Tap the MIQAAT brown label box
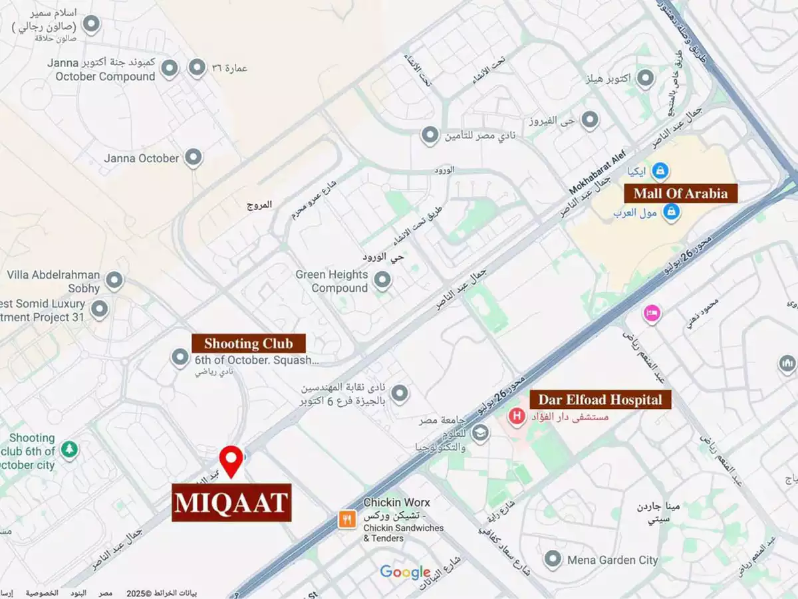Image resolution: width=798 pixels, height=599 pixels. pos(231,503)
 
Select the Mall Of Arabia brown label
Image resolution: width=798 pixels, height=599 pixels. pos(680,193)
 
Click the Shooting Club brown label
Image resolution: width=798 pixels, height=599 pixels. pos(249,344)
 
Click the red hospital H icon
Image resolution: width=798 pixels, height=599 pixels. pos(515,417)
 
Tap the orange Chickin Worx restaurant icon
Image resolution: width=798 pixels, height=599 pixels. pos(346,519)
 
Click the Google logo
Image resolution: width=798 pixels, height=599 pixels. pos(405,572)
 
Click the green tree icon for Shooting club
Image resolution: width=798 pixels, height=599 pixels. pos(68,451)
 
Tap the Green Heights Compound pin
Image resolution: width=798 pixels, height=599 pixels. pos(382,281)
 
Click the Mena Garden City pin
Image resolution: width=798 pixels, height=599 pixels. pos(553,559)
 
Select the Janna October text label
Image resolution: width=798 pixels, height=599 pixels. pos(141,158)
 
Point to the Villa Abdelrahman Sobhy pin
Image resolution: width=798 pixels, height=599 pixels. pos(114,280)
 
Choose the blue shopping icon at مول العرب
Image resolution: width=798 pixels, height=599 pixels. pos(672,213)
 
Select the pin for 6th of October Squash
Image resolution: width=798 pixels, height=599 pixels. pos(180,358)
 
